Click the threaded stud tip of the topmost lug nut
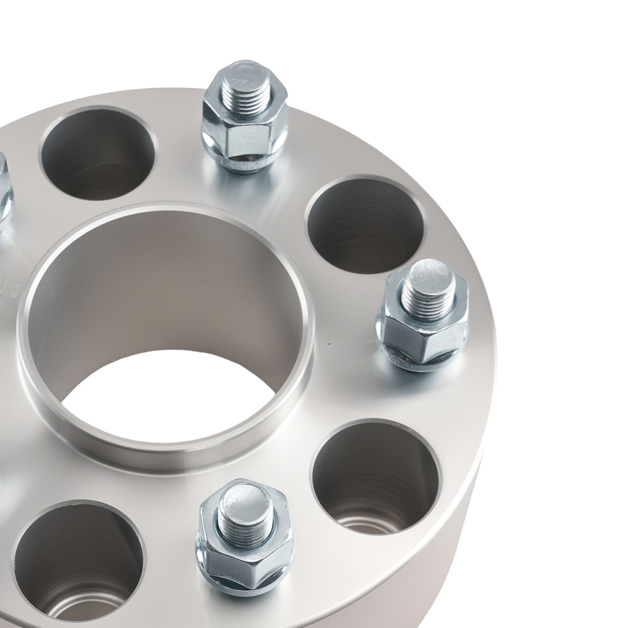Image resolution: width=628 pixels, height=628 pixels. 244,84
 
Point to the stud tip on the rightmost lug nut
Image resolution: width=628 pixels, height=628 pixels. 428,283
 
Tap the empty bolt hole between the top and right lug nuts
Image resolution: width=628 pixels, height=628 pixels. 364,224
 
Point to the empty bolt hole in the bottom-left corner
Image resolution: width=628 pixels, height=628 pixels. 78,559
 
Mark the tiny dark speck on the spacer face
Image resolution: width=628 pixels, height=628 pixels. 328,344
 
